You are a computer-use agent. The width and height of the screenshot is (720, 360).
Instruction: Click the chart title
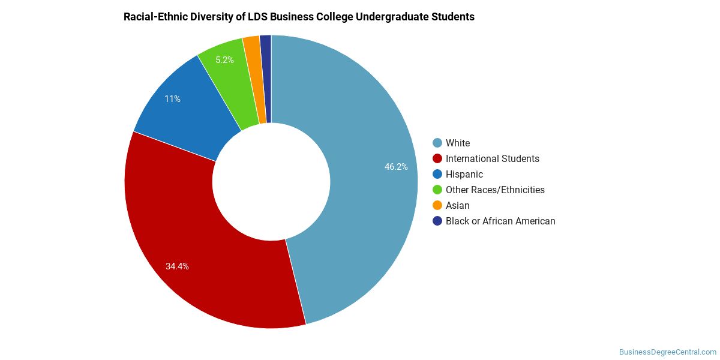click(299, 17)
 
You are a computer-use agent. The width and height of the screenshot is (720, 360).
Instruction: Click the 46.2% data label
click(396, 167)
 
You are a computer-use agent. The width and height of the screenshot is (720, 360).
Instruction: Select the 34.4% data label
click(177, 266)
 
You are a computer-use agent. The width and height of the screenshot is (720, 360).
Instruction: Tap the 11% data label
click(172, 99)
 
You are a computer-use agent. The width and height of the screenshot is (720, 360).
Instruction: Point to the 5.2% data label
click(224, 60)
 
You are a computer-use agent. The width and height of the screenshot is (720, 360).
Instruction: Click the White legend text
click(458, 143)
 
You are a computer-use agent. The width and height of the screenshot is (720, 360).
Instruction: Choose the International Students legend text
click(493, 159)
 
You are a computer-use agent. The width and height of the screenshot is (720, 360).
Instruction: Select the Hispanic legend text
click(464, 174)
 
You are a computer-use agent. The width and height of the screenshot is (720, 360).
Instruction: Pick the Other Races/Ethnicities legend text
click(495, 190)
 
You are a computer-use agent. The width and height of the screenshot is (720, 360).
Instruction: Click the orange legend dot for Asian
click(437, 205)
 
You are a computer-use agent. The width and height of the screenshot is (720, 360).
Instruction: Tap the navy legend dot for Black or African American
click(437, 221)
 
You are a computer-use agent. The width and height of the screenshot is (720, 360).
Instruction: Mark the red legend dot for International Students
click(437, 159)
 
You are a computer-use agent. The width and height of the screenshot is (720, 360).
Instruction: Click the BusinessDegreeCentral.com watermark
click(668, 352)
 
